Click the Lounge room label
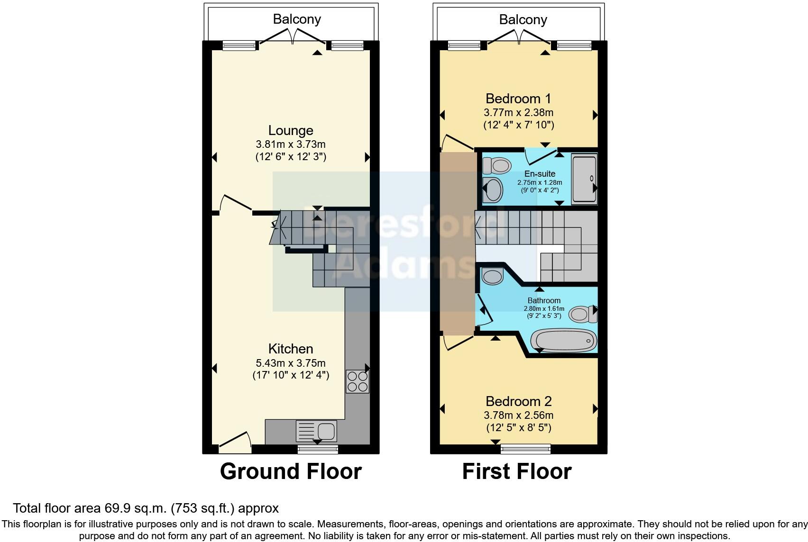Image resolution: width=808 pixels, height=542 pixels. (x=291, y=130)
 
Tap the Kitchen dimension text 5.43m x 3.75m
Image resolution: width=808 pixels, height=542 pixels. (x=291, y=363)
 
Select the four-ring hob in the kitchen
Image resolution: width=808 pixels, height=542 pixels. (x=357, y=381)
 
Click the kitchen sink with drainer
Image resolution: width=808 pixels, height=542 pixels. (x=316, y=431)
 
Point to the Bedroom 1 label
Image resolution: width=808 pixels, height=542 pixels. (x=518, y=99)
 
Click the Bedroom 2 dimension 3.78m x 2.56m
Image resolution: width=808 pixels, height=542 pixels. (x=518, y=415)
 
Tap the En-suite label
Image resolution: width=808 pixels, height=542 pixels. (x=540, y=174)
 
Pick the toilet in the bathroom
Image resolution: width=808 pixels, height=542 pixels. (x=582, y=314)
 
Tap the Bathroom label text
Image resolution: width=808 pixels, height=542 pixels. (x=544, y=300)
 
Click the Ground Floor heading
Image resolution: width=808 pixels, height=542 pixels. (x=291, y=471)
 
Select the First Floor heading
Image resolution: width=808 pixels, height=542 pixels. (x=517, y=471)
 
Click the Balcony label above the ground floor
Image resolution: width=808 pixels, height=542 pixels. (x=297, y=19)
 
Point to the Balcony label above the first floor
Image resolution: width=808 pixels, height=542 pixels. (x=523, y=19)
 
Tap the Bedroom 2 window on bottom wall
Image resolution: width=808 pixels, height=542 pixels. (x=526, y=448)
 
